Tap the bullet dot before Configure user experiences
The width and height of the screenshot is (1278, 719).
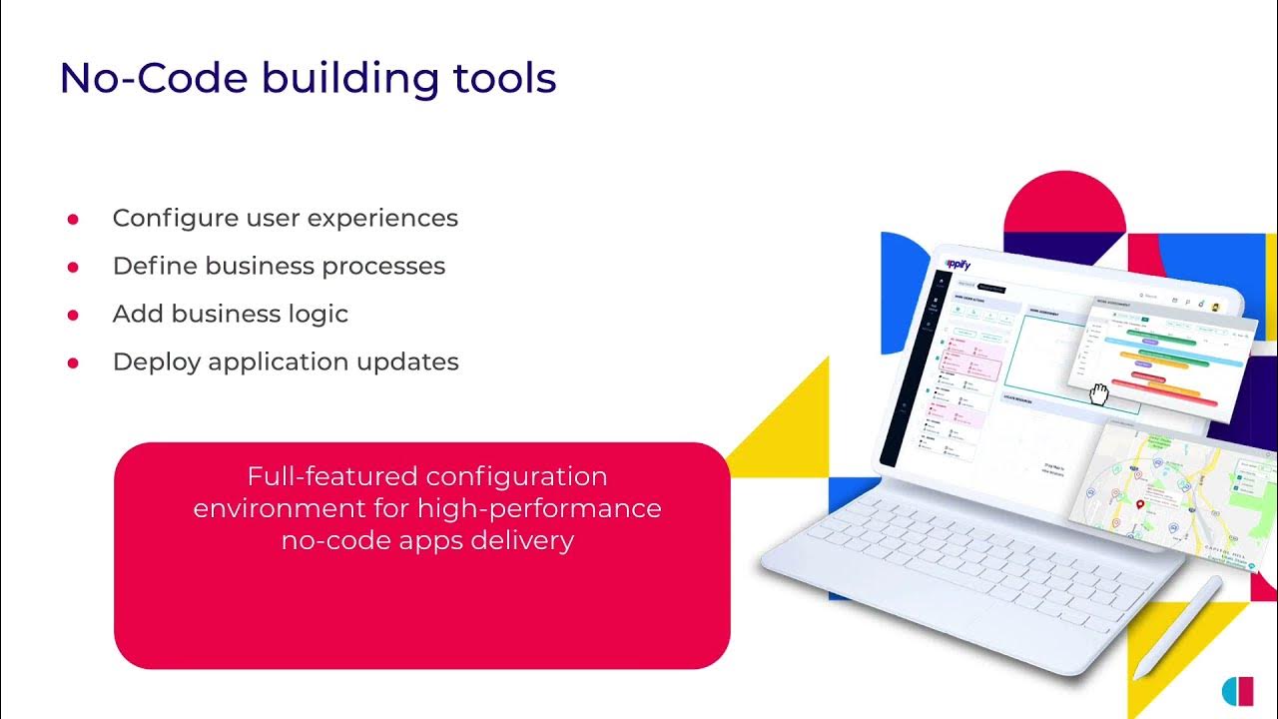[73, 219]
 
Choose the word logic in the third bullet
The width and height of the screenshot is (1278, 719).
[316, 314]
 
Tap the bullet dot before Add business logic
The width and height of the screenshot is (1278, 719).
[73, 315]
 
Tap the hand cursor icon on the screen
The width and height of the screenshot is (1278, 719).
[1098, 393]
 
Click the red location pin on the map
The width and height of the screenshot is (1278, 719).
[1140, 505]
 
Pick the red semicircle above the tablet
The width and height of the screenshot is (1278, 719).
[1064, 204]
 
